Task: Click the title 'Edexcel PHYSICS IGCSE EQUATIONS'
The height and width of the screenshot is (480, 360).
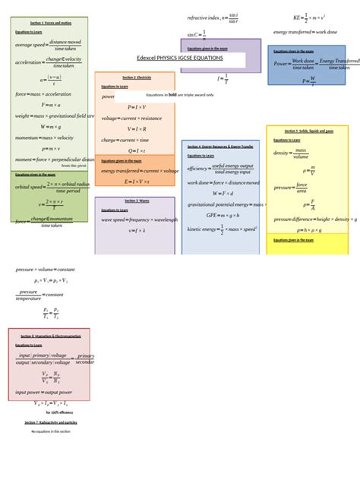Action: pos(179,58)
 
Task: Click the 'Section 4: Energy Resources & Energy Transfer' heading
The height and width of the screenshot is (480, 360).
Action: pos(219,146)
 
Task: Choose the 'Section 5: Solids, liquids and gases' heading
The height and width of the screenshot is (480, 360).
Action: pos(306,131)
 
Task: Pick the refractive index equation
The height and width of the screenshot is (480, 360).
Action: pos(213,17)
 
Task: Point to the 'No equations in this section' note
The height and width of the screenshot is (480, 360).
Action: pos(50,431)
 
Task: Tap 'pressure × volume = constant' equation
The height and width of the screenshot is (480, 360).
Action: pos(46,269)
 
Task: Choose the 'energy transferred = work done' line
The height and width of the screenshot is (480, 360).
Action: pos(305,32)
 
